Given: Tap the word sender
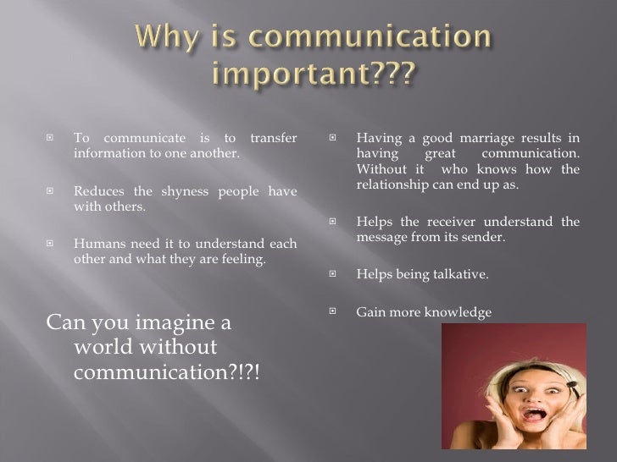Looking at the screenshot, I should pyautogui.click(x=484, y=238).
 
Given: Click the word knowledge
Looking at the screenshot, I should pyautogui.click(x=457, y=312).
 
